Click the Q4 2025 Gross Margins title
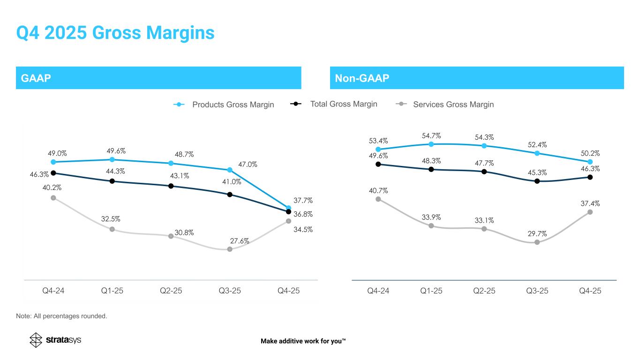coord(115,32)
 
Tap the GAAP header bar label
coord(36,78)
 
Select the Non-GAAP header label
coord(362,78)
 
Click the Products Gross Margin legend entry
coord(224,105)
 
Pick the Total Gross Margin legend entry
coord(333,104)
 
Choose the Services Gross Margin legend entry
coord(444,104)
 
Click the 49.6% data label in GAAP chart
coord(116,151)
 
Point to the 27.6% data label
coord(240,241)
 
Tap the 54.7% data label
coord(431,136)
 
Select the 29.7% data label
coord(537,234)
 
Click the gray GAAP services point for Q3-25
coord(230,249)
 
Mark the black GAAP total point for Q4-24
coord(53,173)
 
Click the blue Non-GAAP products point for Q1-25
coord(431,144)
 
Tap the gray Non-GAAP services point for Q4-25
coord(590,212)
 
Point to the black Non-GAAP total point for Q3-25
coord(537,181)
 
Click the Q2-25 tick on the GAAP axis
coord(171,291)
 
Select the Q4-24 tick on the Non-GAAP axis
coord(378,291)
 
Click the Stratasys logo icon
coord(36,340)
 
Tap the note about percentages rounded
coord(61,316)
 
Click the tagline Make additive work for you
coord(303,341)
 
